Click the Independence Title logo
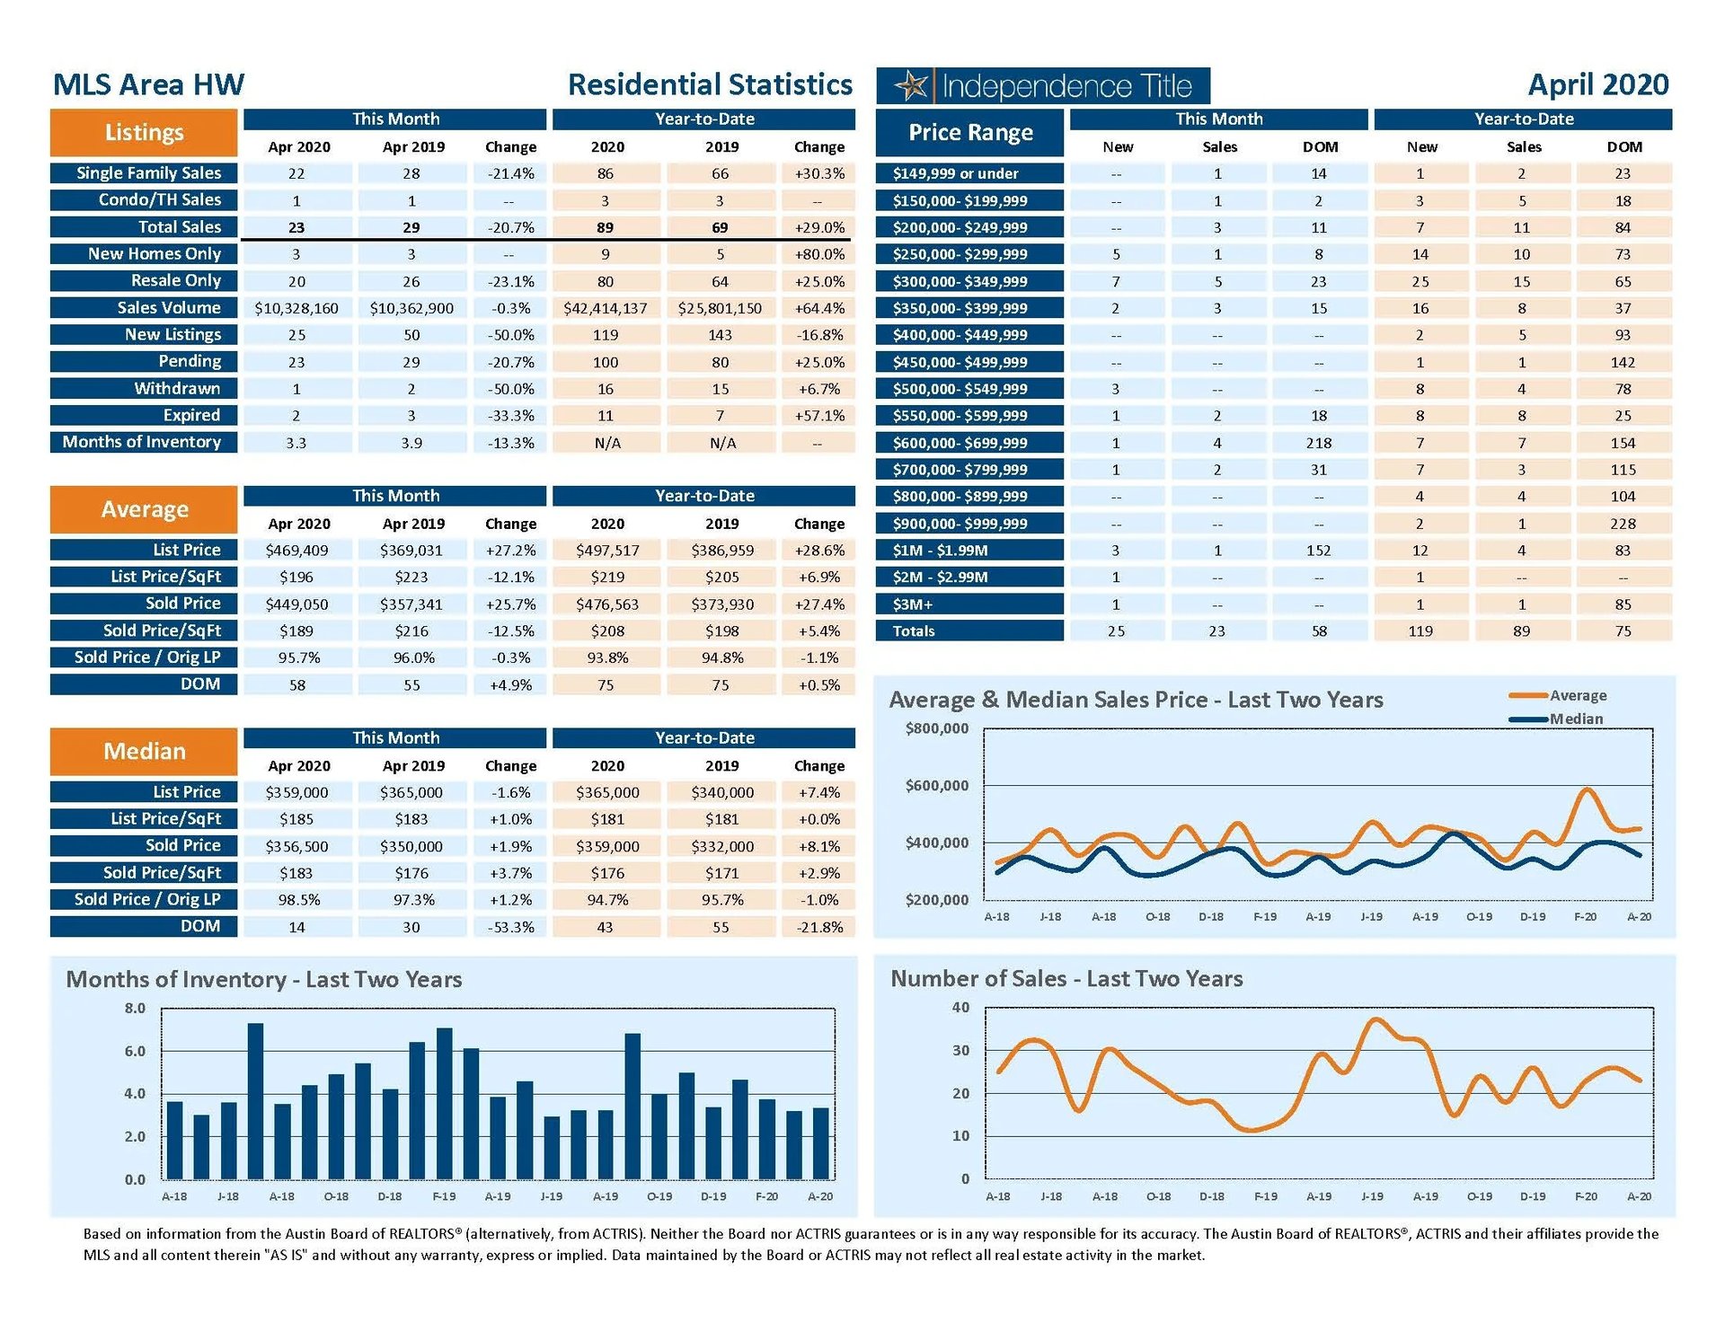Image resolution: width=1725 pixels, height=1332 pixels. coord(1042,86)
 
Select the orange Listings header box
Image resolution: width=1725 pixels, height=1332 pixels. coord(144,133)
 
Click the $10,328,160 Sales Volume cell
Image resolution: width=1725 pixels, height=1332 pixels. coord(296,308)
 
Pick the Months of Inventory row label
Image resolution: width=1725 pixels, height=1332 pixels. coord(142,442)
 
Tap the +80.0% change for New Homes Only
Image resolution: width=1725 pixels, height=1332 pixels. coord(818,254)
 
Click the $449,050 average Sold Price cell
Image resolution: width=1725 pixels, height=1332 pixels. coord(296,604)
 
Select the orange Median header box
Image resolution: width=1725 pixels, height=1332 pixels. coord(144,752)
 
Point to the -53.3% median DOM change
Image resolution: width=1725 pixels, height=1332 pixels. coord(510,927)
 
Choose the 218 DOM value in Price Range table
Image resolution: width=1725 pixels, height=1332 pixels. coord(1319,443)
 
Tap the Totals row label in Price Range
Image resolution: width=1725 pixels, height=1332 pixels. coord(914,631)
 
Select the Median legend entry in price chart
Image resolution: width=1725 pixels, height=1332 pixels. coord(1575,719)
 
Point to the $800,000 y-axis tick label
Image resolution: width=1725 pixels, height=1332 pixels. coord(936,728)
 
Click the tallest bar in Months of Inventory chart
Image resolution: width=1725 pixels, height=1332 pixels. coord(255,1100)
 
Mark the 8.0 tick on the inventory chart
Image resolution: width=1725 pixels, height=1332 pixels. coord(135,1009)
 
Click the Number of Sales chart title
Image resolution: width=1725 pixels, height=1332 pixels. coord(1066,979)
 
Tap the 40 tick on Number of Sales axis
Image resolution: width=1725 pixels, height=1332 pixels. coord(960,1008)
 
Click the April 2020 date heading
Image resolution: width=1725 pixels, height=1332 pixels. coord(1597,85)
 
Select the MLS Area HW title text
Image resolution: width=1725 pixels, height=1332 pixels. coord(148,85)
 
